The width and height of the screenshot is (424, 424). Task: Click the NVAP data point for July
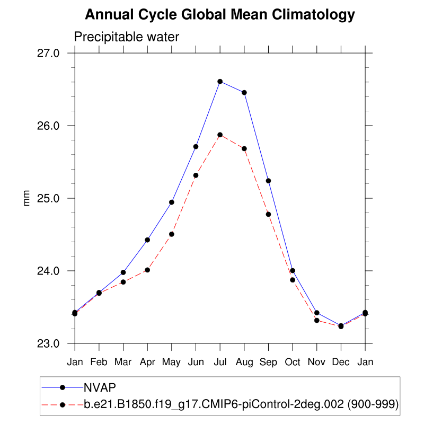click(x=220, y=81)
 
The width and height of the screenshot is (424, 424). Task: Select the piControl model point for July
click(x=220, y=135)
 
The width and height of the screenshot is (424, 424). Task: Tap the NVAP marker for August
click(x=244, y=93)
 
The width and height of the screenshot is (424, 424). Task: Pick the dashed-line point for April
click(x=147, y=270)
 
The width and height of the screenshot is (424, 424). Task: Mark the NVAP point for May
click(x=172, y=202)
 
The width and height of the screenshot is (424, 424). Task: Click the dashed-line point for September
click(x=268, y=214)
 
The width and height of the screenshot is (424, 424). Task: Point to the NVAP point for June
click(x=196, y=146)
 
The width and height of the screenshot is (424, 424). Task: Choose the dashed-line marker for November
click(x=317, y=320)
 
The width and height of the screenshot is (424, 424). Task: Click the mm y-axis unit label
click(x=26, y=198)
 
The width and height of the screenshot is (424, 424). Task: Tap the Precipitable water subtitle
click(x=127, y=37)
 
